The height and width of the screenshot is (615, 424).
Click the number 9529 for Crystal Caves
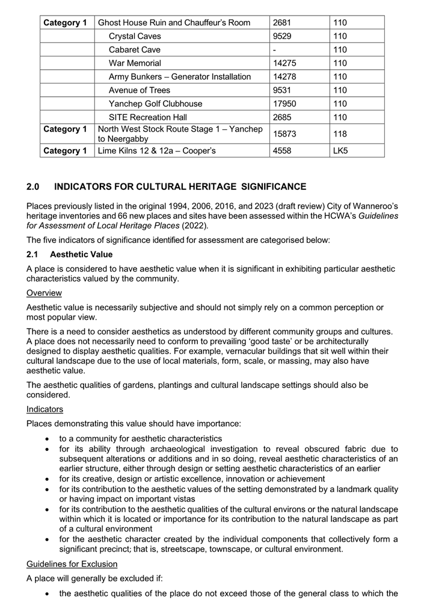pos(283,36)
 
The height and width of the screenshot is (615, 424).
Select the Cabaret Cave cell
pos(134,50)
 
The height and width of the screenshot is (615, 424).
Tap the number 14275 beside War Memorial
pos(284,63)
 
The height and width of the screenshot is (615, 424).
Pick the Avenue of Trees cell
pos(139,90)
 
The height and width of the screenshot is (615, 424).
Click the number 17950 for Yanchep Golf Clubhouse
pos(284,103)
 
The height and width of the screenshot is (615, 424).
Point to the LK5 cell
pos(340,150)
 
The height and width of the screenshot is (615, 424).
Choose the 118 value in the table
pos(340,133)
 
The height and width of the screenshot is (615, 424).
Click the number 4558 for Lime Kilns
pos(283,150)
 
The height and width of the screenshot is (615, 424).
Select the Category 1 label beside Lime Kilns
pos(65,150)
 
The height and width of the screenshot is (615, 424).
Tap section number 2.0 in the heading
pos(33,187)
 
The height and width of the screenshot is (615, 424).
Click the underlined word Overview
pos(44,293)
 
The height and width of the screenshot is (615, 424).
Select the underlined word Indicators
pos(45,409)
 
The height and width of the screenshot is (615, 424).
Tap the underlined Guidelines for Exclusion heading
pos(71,565)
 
